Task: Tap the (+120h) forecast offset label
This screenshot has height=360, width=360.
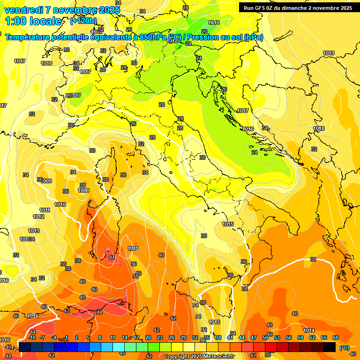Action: (x=83, y=21)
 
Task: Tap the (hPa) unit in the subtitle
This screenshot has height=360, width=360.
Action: (x=253, y=37)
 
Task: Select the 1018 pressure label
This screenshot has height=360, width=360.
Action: (x=319, y=128)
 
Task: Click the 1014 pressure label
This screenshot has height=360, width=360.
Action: (x=309, y=330)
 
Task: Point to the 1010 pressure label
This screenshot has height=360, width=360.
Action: (x=60, y=204)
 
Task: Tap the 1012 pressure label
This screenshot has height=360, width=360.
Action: (x=38, y=217)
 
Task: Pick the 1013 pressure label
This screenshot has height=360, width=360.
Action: (x=34, y=231)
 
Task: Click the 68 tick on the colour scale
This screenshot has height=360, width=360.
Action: (x=336, y=337)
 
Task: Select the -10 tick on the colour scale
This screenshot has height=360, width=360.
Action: (x=32, y=337)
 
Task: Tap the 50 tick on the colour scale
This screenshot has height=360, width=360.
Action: (x=265, y=337)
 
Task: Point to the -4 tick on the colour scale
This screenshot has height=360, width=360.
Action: (x=54, y=337)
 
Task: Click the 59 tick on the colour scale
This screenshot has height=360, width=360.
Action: (x=300, y=337)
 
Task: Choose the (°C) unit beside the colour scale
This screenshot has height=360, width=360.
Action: (x=345, y=347)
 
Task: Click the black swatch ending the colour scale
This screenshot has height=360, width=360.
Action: (x=330, y=347)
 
